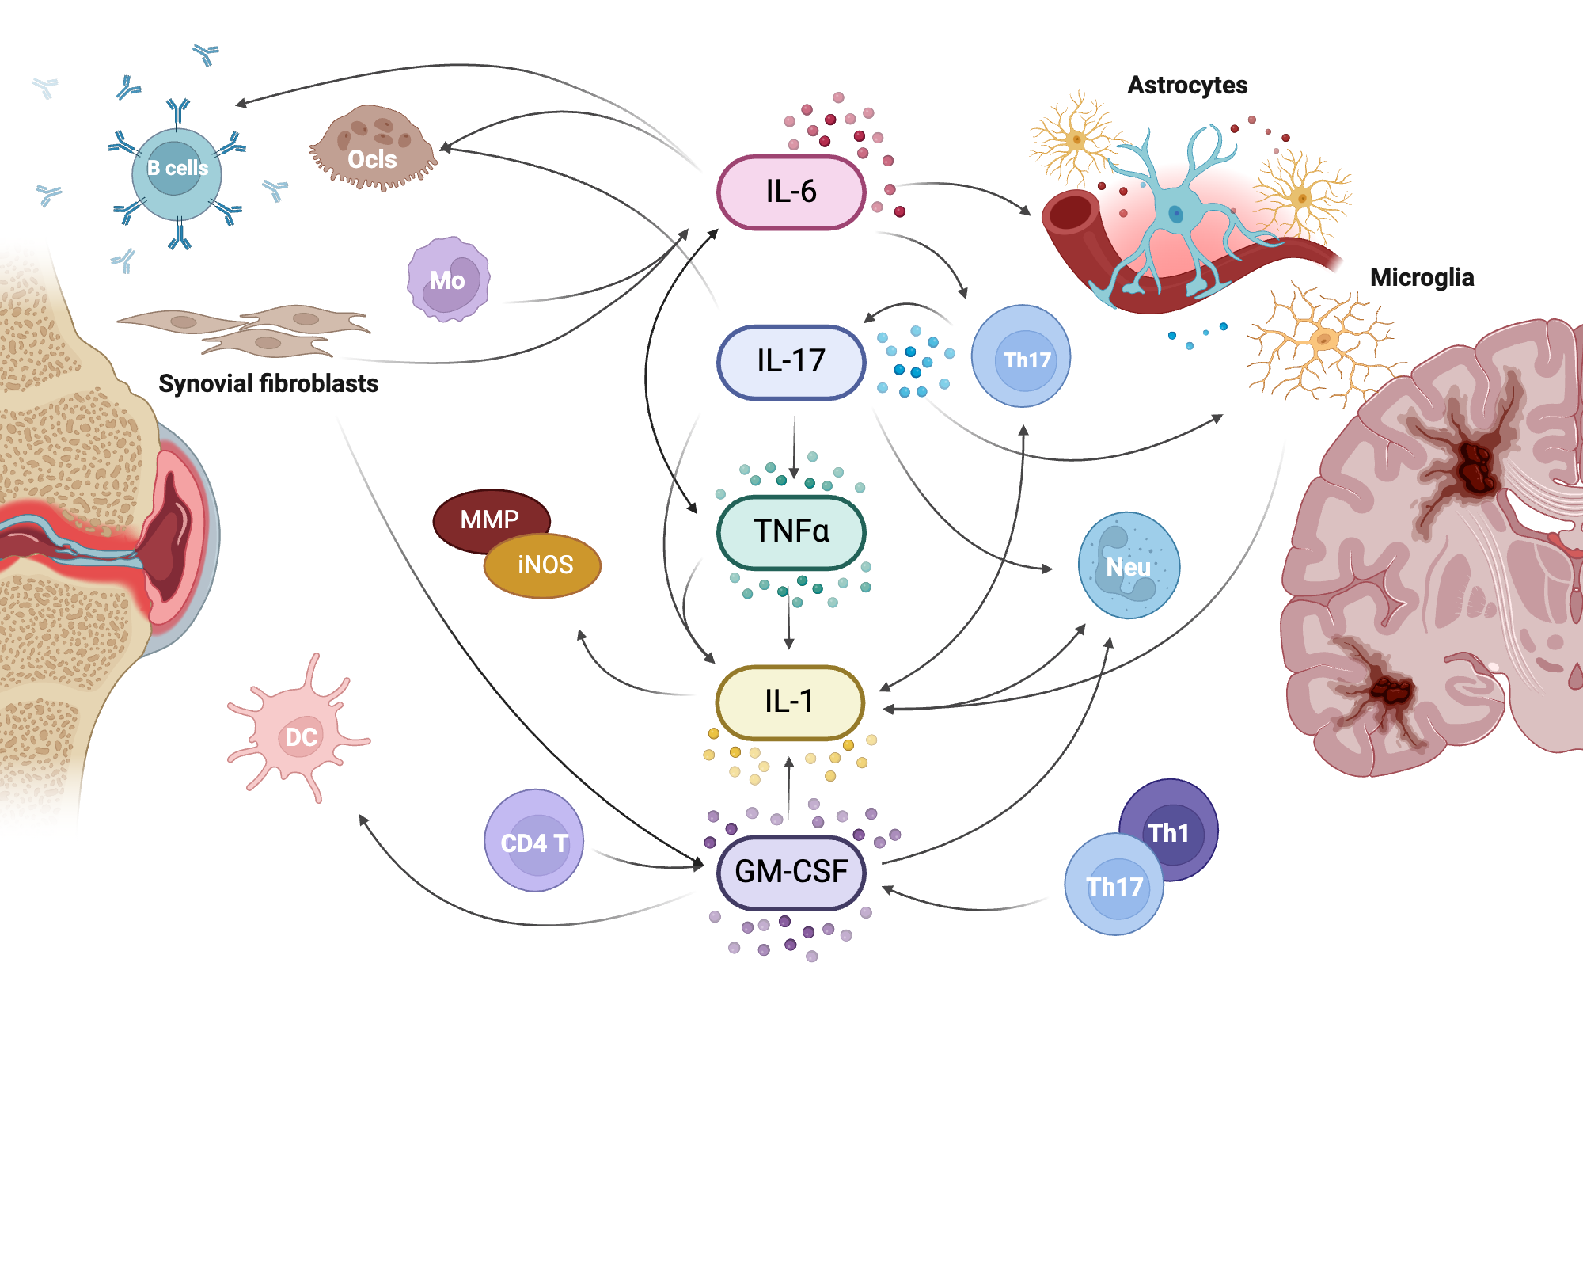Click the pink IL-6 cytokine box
(x=791, y=192)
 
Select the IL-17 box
(x=791, y=362)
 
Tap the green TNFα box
(x=791, y=531)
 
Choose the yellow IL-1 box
(x=789, y=702)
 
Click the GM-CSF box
(x=791, y=872)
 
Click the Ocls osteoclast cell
(x=372, y=150)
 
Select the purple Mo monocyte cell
(x=448, y=280)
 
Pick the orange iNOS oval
(x=545, y=565)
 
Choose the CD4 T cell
(x=534, y=841)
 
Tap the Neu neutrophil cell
(x=1129, y=565)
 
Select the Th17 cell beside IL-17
(x=1022, y=357)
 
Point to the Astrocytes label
(x=1186, y=85)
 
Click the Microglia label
(x=1422, y=277)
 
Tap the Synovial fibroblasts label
(x=268, y=383)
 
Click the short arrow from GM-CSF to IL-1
(x=788, y=788)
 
